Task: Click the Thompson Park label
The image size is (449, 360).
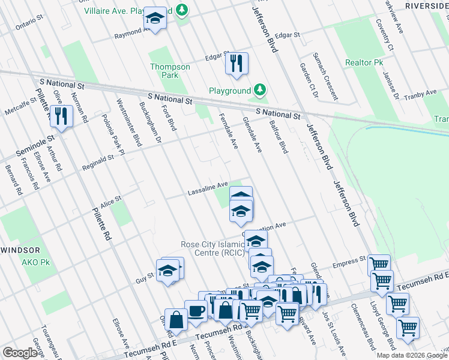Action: [x=170, y=71]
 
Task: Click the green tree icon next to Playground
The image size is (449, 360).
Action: [x=259, y=91]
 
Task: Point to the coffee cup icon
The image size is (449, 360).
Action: [x=196, y=311]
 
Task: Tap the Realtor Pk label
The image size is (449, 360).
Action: [x=364, y=62]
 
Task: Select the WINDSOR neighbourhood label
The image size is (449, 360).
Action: [x=20, y=250]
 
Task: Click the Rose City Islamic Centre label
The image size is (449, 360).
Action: [x=213, y=248]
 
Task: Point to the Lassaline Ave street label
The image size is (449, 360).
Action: [x=208, y=188]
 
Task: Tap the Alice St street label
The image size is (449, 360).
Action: [x=110, y=201]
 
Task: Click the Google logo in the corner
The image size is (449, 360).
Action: [x=20, y=353]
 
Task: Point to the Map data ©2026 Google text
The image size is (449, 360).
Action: [x=412, y=355]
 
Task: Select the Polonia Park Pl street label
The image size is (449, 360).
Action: [x=112, y=135]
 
